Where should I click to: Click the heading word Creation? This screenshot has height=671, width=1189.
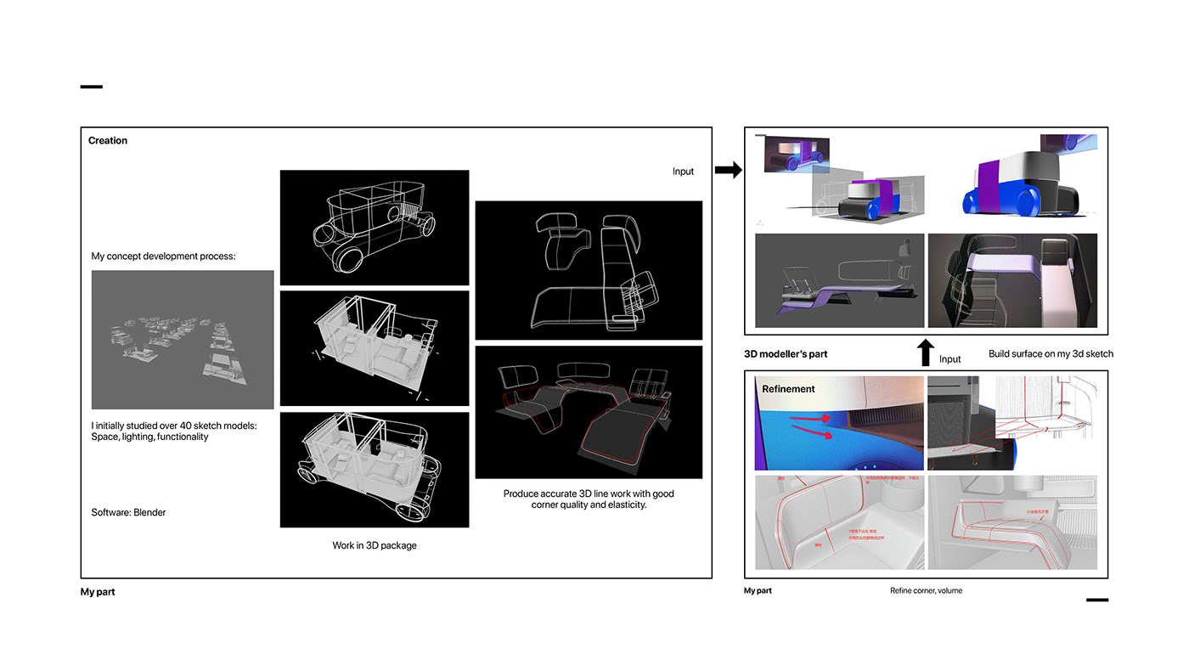[108, 141]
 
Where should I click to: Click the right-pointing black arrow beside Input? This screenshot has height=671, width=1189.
[728, 171]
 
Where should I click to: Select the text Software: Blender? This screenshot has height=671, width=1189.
[128, 512]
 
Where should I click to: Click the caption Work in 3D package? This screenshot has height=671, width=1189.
[374, 545]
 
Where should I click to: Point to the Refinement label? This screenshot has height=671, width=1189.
[788, 389]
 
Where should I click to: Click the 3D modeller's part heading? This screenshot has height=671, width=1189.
[786, 353]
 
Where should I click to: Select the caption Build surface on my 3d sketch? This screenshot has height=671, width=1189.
[1051, 353]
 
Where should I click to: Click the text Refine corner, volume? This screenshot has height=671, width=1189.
[926, 590]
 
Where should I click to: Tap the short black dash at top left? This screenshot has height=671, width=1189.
[91, 87]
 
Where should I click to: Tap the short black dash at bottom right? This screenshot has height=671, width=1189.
[1096, 600]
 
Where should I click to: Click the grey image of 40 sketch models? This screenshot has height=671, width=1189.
[183, 340]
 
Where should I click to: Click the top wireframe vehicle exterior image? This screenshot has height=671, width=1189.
[374, 227]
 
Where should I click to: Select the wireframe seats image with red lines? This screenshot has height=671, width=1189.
[589, 412]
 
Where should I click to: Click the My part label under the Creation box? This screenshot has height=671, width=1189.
[98, 592]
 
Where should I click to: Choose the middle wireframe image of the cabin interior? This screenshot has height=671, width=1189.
[374, 348]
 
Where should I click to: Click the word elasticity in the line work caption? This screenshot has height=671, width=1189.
[623, 505]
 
